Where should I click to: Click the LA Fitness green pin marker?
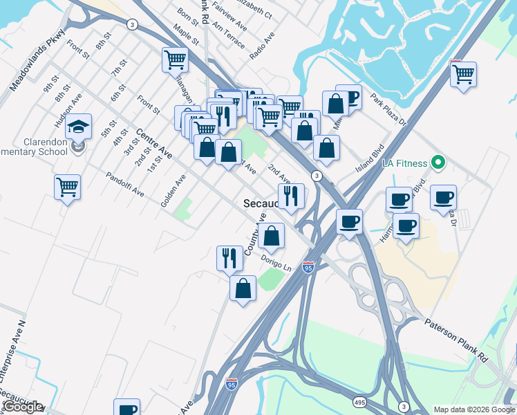tap(437, 163)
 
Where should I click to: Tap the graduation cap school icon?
tap(79, 127)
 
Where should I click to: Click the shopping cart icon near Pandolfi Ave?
tap(68, 187)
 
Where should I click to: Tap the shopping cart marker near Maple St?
tap(176, 59)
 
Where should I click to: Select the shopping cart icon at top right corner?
tap(464, 73)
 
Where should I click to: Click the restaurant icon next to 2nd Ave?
tap(291, 196)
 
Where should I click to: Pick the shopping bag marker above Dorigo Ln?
tap(273, 236)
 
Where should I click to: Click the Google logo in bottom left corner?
tap(22, 407)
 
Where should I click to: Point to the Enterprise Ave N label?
tap(12, 352)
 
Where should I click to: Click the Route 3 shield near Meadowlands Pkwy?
tap(131, 24)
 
